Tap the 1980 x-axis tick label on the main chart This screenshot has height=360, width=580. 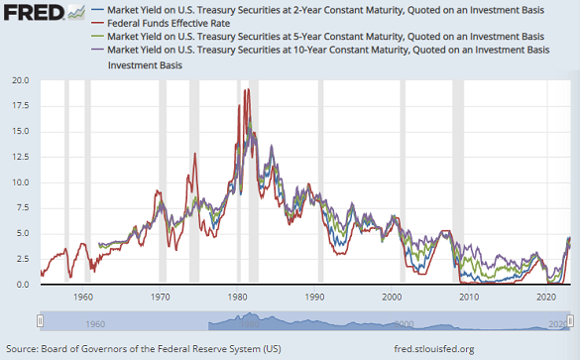point(237,296)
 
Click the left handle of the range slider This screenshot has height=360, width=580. point(40,319)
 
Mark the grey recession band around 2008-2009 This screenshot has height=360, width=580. point(457,179)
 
